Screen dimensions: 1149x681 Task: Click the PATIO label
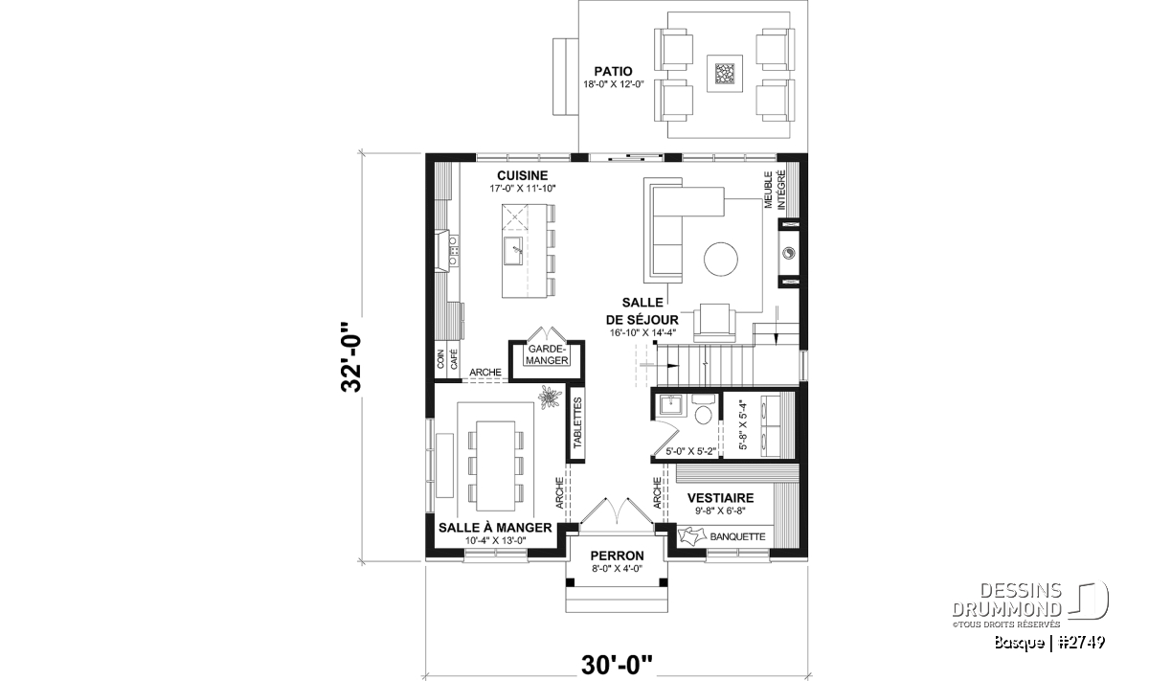click(613, 71)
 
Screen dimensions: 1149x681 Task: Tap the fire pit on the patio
click(724, 74)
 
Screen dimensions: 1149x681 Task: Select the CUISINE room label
click(522, 175)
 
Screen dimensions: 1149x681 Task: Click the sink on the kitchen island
click(154, 250)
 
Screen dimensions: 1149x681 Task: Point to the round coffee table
click(721, 260)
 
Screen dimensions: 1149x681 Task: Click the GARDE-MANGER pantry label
click(547, 354)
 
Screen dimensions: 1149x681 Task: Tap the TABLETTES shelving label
click(577, 423)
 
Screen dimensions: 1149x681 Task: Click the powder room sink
click(669, 405)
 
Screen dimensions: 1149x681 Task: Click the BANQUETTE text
click(737, 536)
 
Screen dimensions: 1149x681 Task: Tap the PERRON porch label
click(617, 556)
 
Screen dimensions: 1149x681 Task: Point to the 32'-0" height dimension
click(352, 357)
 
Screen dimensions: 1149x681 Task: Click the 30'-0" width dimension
click(617, 665)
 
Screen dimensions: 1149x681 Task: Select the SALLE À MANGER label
click(495, 528)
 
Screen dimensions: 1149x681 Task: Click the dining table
click(136, 466)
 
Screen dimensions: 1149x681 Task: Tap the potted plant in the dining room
click(549, 397)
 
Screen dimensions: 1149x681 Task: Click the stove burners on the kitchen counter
click(96, 251)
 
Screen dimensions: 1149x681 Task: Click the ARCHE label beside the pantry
click(485, 372)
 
